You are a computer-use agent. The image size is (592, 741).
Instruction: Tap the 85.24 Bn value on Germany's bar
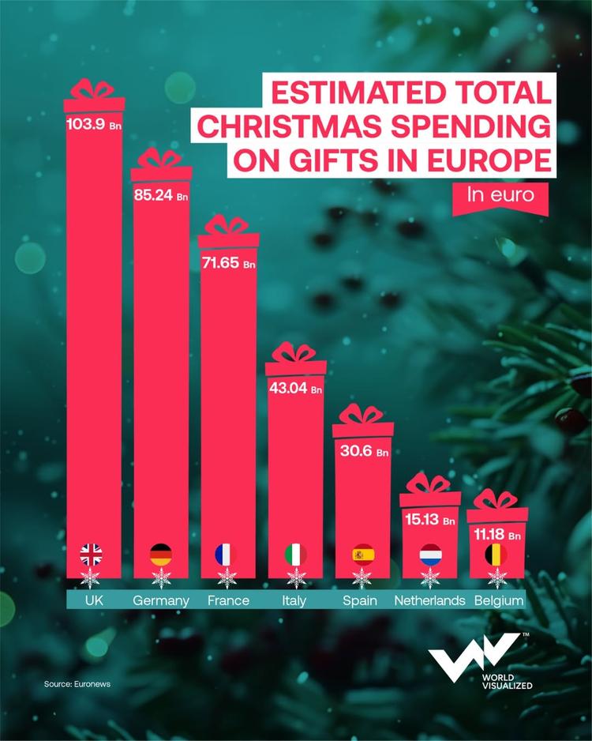click(161, 194)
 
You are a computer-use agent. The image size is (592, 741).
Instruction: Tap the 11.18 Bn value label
click(496, 536)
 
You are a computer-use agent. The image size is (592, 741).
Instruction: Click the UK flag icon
click(92, 555)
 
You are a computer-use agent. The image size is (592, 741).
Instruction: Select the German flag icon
click(160, 555)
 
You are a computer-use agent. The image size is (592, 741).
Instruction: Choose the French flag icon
click(227, 555)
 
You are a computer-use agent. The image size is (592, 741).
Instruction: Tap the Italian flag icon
click(295, 555)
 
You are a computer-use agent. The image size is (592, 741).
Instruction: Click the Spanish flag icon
click(362, 555)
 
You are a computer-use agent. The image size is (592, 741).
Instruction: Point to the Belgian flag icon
click(496, 555)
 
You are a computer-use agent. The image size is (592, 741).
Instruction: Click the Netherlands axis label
click(429, 600)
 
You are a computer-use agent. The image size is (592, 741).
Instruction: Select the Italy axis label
click(294, 600)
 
